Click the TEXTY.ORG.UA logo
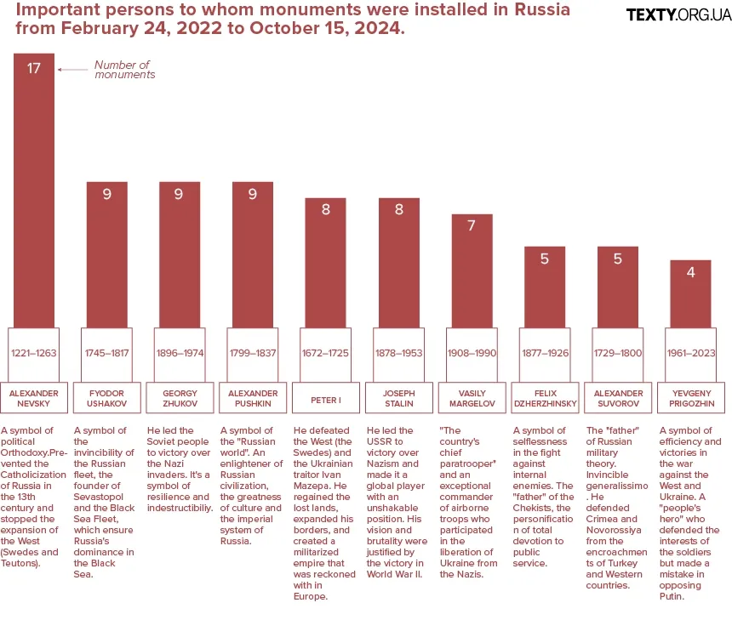[x=678, y=14]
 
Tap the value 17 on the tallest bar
[x=34, y=68]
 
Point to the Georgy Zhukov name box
[x=180, y=399]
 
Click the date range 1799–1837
[x=253, y=353]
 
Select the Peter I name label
[x=325, y=399]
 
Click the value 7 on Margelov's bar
[x=472, y=226]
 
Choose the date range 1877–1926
[x=544, y=353]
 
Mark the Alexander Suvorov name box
[x=617, y=399]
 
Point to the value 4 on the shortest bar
[x=690, y=273]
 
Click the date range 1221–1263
[x=34, y=353]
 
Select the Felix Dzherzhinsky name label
[x=544, y=399]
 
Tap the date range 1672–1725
[x=325, y=353]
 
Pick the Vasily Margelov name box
[x=472, y=399]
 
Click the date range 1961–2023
[x=690, y=353]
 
